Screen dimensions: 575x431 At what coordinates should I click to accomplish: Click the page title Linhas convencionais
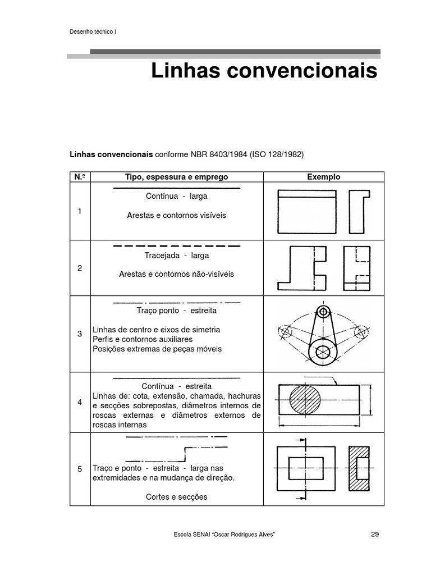point(264,72)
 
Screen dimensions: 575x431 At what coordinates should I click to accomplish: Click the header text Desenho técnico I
point(92,31)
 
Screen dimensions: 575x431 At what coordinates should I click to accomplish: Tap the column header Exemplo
point(323,177)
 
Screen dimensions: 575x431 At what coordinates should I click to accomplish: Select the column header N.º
point(80,177)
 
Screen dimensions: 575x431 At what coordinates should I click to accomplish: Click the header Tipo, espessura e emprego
point(176,177)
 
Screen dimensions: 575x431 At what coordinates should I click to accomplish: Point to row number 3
point(80,334)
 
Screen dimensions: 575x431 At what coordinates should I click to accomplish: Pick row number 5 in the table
point(80,469)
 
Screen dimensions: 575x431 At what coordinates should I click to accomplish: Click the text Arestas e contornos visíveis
point(176,215)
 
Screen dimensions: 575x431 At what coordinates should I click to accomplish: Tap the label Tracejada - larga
point(176,255)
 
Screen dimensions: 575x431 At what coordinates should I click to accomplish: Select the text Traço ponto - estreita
point(176,311)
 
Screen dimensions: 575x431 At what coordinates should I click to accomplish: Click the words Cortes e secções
point(176,496)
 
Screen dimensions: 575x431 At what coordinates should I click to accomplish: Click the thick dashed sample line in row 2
point(176,246)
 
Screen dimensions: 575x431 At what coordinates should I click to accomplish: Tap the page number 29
point(375,534)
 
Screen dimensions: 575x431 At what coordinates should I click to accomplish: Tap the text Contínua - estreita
point(176,387)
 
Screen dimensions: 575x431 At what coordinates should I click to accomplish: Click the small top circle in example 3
point(323,312)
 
